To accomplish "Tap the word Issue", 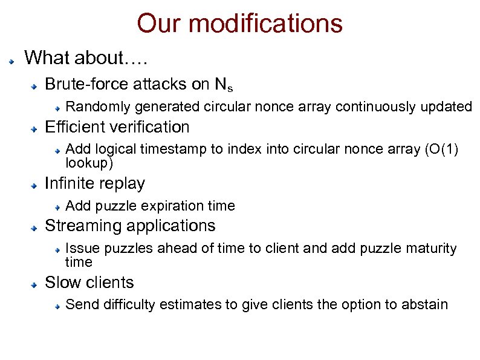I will pyautogui.click(x=79, y=249).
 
